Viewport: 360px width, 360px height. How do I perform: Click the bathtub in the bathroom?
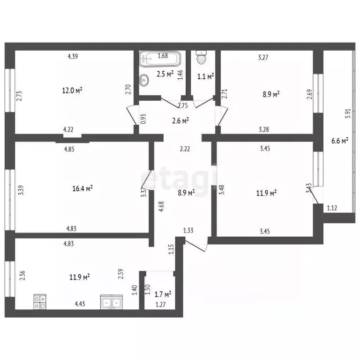pos(160,59)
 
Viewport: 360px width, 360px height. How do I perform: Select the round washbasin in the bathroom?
pos(144,80)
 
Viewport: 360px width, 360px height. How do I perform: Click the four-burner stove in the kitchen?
pos(40,302)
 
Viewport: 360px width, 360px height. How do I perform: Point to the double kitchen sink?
pos(112,302)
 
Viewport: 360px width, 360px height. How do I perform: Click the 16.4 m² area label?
pos(82,188)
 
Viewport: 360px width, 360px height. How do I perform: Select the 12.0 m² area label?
pos(72,90)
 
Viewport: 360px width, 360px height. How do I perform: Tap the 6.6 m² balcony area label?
pos(340,140)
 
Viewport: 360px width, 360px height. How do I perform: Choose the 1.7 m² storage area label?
pos(163,294)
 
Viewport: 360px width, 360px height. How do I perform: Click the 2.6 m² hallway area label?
pos(180,120)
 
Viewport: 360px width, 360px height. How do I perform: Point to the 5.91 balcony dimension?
pos(348,113)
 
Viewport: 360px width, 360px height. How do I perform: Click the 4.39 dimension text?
pos(73,56)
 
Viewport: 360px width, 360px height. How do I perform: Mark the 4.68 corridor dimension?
pos(161,206)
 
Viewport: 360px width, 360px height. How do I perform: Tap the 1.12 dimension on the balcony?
pos(332,208)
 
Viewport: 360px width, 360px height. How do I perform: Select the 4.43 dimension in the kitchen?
pos(80,304)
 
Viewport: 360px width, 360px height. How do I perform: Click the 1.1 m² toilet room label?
pos(206,76)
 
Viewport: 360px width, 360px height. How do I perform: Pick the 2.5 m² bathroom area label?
pos(165,74)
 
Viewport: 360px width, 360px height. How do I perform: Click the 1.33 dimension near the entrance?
pos(188,230)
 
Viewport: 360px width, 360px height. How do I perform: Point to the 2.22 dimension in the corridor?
pos(185,149)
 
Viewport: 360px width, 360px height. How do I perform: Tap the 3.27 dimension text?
pos(263,57)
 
